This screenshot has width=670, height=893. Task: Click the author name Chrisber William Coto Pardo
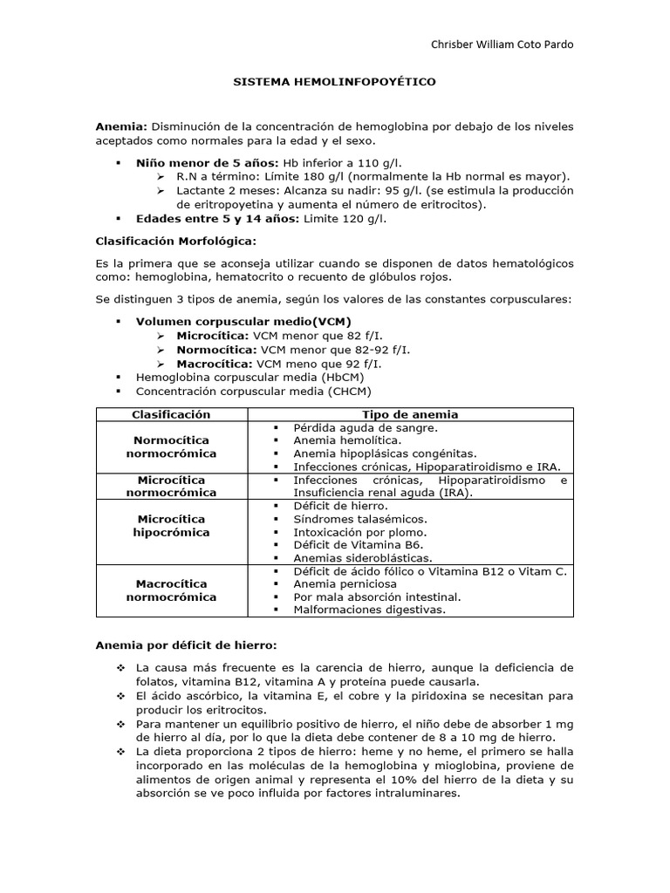coord(503,44)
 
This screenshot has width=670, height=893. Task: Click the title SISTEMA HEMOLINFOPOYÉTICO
coord(334,81)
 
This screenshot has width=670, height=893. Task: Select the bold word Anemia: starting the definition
coord(121,126)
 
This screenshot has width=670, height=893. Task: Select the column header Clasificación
coord(171,414)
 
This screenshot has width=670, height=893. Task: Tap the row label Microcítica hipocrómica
coord(171,525)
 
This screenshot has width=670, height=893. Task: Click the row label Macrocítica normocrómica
coord(171,590)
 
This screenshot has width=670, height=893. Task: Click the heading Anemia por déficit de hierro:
coord(185,645)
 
